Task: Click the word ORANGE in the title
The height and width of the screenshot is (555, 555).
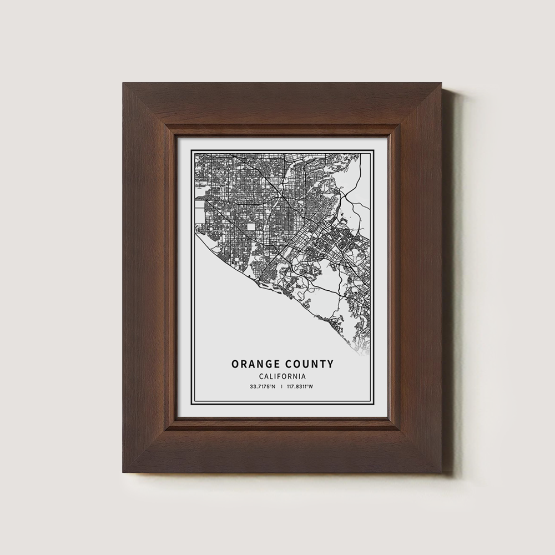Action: point(255,364)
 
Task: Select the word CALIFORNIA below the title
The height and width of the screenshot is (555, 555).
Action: point(282,376)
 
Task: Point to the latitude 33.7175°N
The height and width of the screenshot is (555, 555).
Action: point(263,386)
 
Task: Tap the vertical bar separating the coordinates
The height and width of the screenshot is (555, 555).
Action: point(282,386)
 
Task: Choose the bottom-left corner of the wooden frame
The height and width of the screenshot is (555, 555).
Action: point(123,472)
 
